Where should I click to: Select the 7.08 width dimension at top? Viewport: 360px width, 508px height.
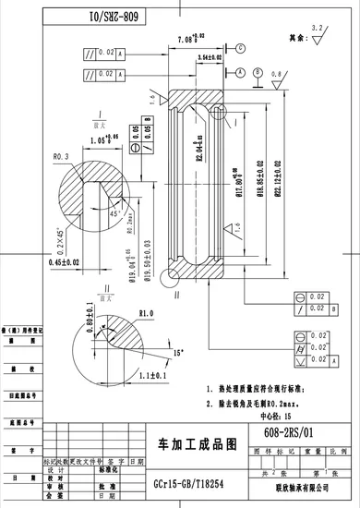tap(189, 40)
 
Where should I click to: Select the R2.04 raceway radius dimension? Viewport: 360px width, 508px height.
tap(198, 149)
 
